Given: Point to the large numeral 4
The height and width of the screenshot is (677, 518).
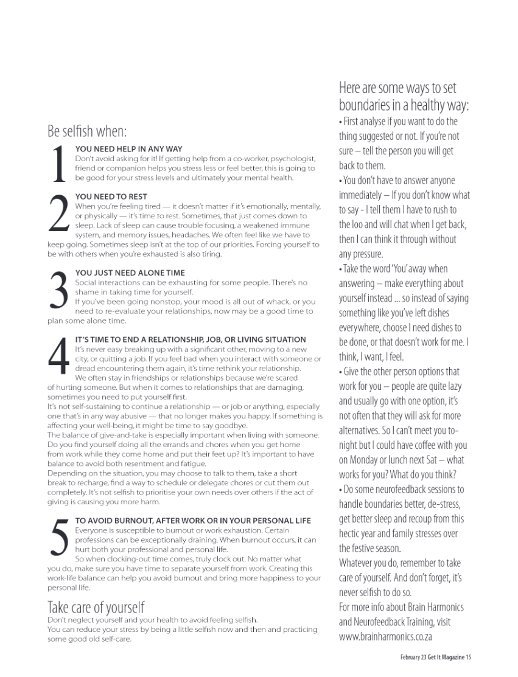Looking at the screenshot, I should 59,357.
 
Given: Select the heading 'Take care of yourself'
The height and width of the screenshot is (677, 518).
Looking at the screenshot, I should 96,606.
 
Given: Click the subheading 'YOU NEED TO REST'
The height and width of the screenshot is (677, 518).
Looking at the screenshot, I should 111,196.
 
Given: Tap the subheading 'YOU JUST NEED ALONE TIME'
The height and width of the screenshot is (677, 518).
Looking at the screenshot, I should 130,273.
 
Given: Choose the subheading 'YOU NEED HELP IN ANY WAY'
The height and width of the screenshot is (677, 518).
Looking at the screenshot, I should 128,148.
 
